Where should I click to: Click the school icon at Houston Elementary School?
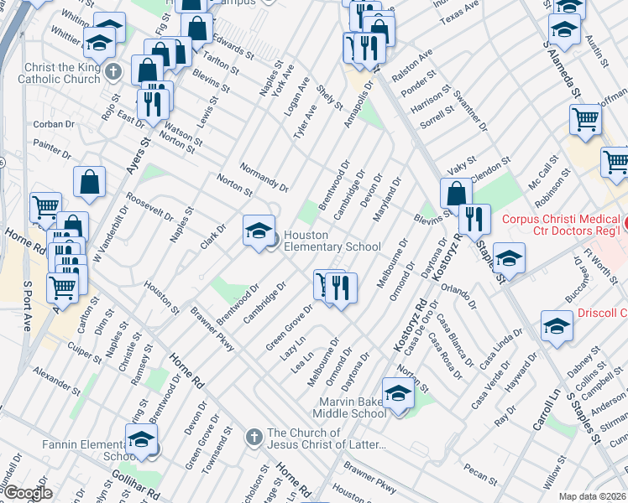point(259,230)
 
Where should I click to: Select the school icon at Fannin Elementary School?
point(141,438)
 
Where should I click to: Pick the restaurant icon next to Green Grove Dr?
point(341,287)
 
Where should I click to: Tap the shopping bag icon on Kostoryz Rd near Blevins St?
point(454,193)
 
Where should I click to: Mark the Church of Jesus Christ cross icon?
point(254,436)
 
